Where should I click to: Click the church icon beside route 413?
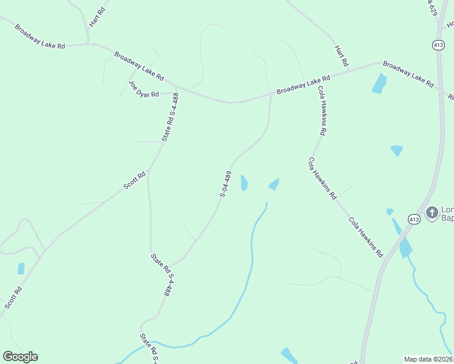pos(432,212)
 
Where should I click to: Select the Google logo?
pos(20,357)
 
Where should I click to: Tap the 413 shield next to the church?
pos(415,219)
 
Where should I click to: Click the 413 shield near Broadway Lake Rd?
pos(438,45)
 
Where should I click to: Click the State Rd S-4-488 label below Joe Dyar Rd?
pos(171,116)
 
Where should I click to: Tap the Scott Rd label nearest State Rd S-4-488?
pos(135,181)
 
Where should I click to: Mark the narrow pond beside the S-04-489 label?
pos(244,183)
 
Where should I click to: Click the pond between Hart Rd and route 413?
pos(379,84)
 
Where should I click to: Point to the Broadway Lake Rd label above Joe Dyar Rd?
pos(139,66)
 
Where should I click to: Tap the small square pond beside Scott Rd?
pos(21,268)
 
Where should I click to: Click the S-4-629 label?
pos(432,12)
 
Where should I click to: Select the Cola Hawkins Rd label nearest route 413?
pos(366,236)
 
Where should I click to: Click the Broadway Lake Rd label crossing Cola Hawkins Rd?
pos(303,84)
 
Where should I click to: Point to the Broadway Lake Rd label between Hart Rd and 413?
pos(408,73)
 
